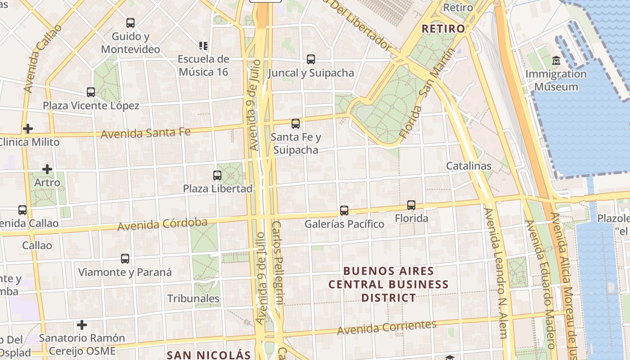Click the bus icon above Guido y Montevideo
(130, 22)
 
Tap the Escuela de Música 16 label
(203, 65)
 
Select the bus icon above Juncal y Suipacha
(311, 59)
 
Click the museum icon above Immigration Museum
(556, 60)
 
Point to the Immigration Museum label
(556, 80)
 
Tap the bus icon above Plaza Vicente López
(91, 92)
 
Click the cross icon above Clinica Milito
(28, 129)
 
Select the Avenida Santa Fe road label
(145, 133)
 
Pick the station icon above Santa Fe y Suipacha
(296, 123)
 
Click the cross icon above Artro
(47, 169)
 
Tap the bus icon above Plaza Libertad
(217, 175)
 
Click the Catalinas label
(469, 166)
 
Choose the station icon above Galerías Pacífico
(344, 210)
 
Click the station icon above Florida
(411, 205)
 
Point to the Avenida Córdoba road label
(162, 224)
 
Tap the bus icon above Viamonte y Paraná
(125, 259)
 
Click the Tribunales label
(193, 298)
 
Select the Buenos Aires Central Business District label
(389, 284)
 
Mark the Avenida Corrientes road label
(387, 328)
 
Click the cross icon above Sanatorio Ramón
(82, 324)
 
